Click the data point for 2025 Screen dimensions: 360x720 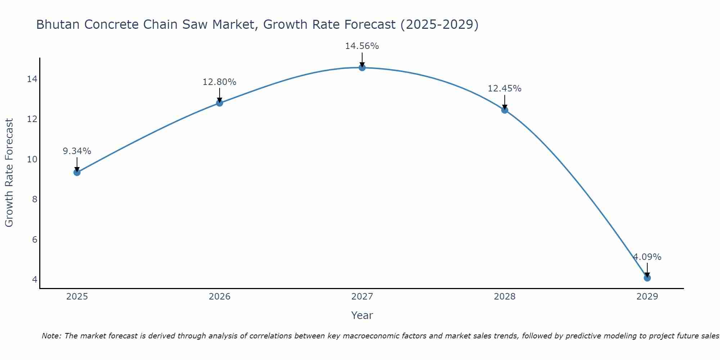pyautogui.click(x=77, y=172)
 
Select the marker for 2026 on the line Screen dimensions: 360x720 pyautogui.click(x=219, y=103)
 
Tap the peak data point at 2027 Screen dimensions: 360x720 pyautogui.click(x=362, y=68)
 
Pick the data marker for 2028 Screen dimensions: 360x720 pyautogui.click(x=504, y=110)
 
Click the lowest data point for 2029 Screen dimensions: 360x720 pyautogui.click(x=647, y=278)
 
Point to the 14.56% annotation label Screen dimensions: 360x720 pyautogui.click(x=362, y=46)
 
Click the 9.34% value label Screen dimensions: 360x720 pyautogui.click(x=77, y=151)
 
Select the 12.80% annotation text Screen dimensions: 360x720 pyautogui.click(x=219, y=82)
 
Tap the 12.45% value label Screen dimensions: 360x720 pyautogui.click(x=504, y=89)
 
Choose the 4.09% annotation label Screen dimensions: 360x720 pyautogui.click(x=647, y=257)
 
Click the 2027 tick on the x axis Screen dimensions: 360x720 pyautogui.click(x=362, y=297)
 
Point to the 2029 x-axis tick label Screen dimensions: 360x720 pyautogui.click(x=647, y=297)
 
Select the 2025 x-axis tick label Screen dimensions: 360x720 pyautogui.click(x=77, y=297)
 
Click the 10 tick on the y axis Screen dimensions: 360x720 pyautogui.click(x=32, y=159)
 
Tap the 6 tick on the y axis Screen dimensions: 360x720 pyautogui.click(x=35, y=239)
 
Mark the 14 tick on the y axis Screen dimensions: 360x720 pyautogui.click(x=32, y=79)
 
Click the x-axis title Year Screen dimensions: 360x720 pyautogui.click(x=362, y=315)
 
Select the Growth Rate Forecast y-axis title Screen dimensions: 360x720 pyautogui.click(x=9, y=173)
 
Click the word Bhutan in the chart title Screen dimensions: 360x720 pyautogui.click(x=58, y=25)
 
